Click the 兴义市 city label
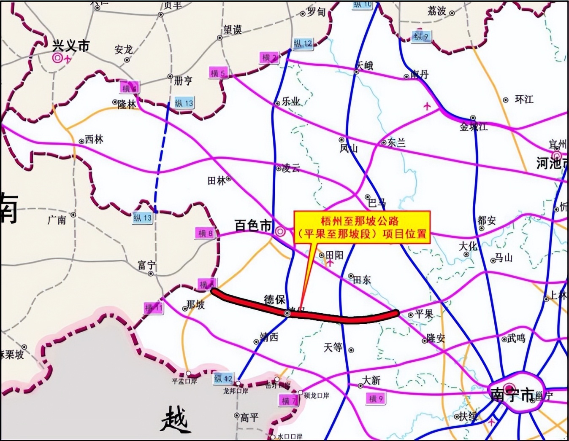pyautogui.click(x=71, y=46)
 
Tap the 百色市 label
pyautogui.click(x=253, y=226)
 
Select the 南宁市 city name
pyautogui.click(x=512, y=395)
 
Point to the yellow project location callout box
pyautogui.click(x=362, y=227)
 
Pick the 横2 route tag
pyautogui.click(x=269, y=58)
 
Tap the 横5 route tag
pyautogui.click(x=218, y=73)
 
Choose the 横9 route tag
pyautogui.click(x=375, y=398)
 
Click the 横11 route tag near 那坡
pyautogui.click(x=153, y=308)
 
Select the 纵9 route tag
pyautogui.click(x=421, y=36)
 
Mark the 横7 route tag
pyautogui.click(x=289, y=401)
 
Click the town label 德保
pyautogui.click(x=274, y=299)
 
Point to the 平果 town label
pyautogui.click(x=424, y=314)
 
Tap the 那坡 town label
pyautogui.click(x=195, y=304)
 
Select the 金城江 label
pyautogui.click(x=474, y=126)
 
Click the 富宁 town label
pyautogui.click(x=146, y=265)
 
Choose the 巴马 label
pyautogui.click(x=377, y=203)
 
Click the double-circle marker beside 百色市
pyautogui.click(x=280, y=231)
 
